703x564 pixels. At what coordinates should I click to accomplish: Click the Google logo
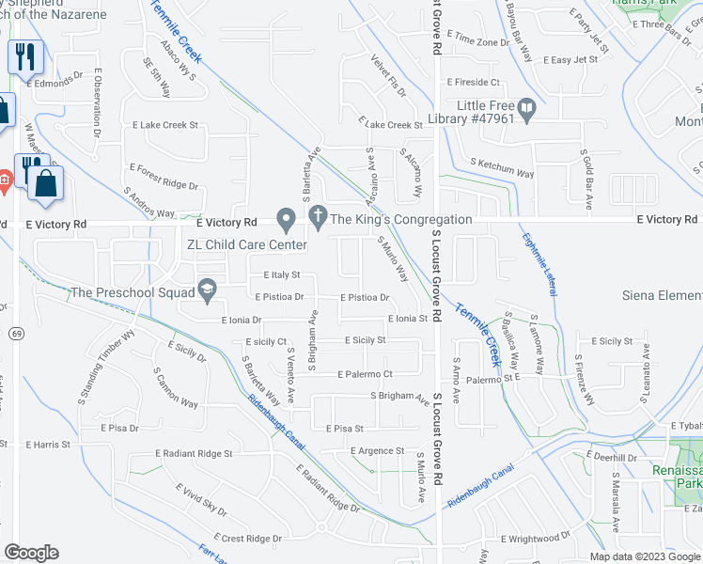[x=31, y=553]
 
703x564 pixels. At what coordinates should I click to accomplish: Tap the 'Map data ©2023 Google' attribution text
[x=645, y=556]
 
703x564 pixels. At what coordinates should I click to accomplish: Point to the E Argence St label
[x=377, y=451]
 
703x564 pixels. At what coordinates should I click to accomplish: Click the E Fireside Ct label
[x=478, y=83]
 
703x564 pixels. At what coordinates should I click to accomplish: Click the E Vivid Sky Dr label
[x=202, y=498]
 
